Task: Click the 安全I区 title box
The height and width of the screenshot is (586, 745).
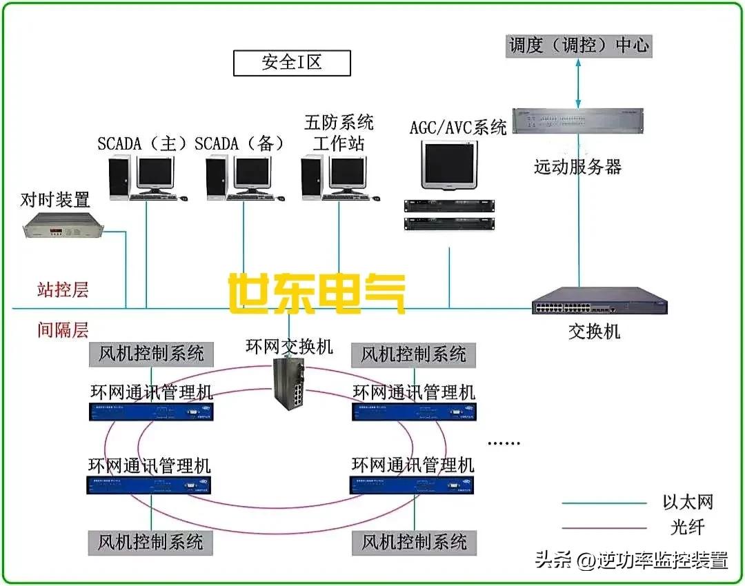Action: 292,63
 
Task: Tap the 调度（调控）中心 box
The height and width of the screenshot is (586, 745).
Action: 578,46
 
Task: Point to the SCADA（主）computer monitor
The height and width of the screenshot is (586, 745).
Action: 154,172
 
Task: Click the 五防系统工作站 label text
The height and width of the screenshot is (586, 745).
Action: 339,133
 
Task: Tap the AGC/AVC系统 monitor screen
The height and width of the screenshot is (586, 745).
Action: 450,165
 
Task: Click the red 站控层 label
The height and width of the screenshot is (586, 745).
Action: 63,289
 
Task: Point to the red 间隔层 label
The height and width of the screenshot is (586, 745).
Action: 63,330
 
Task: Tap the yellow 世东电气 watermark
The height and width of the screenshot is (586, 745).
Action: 317,294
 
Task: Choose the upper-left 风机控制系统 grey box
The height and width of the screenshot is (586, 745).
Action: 151,354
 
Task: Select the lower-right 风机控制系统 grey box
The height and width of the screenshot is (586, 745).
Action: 414,542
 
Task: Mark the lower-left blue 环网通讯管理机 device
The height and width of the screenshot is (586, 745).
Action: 149,485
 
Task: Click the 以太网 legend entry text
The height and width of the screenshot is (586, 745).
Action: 688,501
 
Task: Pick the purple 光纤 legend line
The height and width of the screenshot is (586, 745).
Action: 604,529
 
